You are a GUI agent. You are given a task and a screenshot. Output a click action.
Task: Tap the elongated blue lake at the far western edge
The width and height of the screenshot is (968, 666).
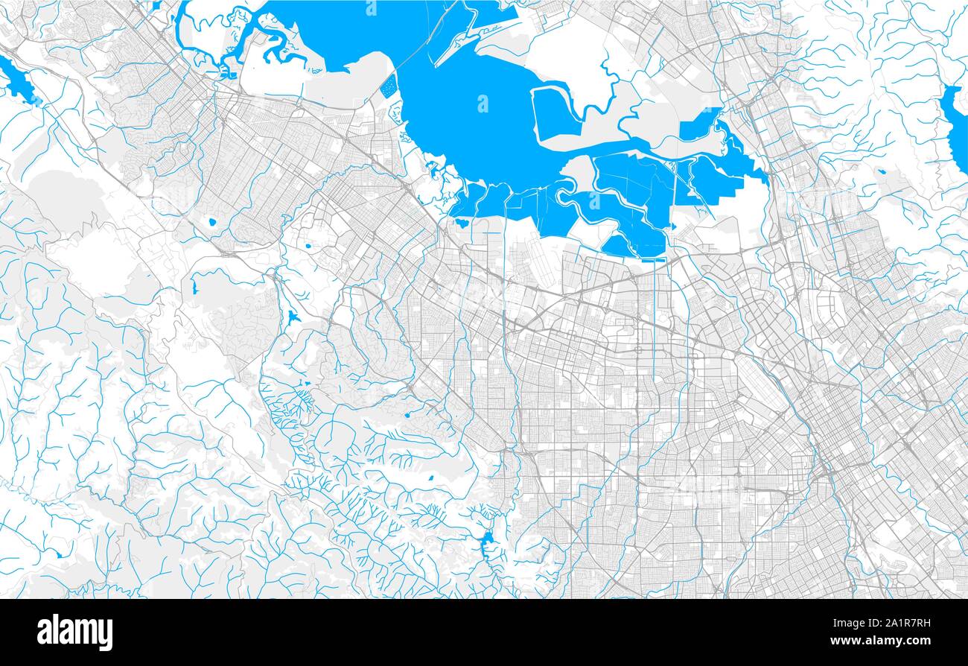coord(19,83)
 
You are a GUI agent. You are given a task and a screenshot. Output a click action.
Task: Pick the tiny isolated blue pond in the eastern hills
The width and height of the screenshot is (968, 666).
coord(882,172)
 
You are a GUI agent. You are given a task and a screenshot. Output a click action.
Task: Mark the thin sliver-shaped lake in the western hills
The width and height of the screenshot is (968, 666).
coord(197,284)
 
